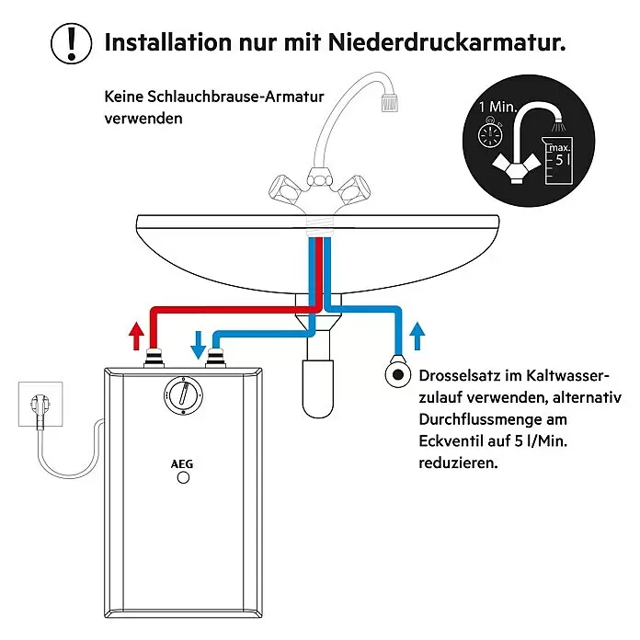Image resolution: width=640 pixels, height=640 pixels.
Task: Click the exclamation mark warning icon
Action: click(x=72, y=43)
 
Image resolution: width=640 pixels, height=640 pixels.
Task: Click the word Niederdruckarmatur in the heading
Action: click(x=447, y=42)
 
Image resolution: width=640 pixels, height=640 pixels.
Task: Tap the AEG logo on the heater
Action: click(x=182, y=464)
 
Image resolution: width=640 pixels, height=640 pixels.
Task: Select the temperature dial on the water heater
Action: click(x=184, y=395)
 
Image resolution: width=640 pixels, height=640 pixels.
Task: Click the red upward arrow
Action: click(x=136, y=336)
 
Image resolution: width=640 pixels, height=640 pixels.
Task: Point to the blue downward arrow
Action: click(x=199, y=345)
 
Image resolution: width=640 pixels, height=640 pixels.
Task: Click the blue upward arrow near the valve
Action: click(x=417, y=336)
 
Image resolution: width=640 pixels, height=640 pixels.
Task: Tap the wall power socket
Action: click(x=40, y=404)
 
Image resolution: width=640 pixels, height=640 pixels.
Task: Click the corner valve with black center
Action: click(x=398, y=374)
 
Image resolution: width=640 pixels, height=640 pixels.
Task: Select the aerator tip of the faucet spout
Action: click(x=389, y=102)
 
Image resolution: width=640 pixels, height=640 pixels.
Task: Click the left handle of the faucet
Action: click(x=285, y=189)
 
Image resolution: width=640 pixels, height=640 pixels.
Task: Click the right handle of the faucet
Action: click(x=353, y=189)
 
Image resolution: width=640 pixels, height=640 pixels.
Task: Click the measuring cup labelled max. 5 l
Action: click(x=556, y=161)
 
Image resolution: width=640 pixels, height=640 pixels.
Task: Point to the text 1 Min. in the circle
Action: click(x=498, y=107)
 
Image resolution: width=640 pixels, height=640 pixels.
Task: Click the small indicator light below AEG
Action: click(x=183, y=477)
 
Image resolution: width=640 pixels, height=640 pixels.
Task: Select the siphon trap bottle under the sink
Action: click(x=318, y=388)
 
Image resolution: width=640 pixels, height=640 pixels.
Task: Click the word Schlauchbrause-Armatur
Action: click(x=235, y=97)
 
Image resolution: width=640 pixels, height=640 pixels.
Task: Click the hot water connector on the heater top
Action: click(x=154, y=358)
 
